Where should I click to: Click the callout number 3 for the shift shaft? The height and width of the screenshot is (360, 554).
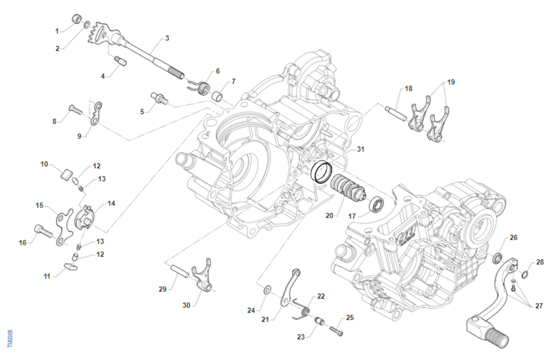pos(167,38)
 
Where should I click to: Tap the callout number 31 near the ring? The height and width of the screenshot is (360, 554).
pos(361,149)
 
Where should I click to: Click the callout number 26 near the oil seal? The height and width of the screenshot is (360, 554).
pos(513,238)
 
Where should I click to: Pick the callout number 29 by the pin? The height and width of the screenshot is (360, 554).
pos(162,289)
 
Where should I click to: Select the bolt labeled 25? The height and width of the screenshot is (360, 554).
pos(336,330)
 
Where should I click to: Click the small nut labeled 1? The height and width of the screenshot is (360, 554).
pos(77,18)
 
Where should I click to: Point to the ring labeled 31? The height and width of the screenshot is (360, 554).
pos(321,172)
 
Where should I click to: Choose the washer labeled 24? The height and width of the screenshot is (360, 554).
pos(267,290)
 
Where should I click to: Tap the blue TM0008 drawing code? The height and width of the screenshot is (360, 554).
pos(10,338)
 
